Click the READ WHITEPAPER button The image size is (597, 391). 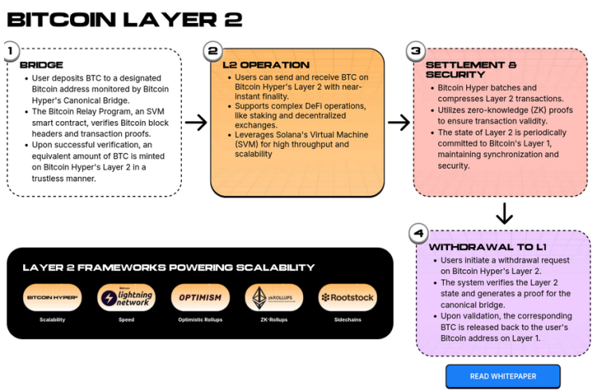[x=502, y=376]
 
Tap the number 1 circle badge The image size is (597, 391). [x=10, y=51]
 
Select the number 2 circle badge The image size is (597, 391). [x=212, y=51]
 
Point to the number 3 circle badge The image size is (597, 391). [x=414, y=52]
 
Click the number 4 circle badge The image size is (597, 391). [x=418, y=233]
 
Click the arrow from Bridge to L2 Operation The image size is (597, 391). [x=196, y=122]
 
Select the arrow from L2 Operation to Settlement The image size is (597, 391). [x=399, y=122]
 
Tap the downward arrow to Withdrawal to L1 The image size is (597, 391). [x=503, y=213]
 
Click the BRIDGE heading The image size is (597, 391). [x=41, y=65]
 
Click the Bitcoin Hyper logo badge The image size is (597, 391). [x=53, y=298]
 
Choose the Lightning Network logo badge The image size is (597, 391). [x=126, y=298]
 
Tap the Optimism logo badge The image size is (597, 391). [x=200, y=298]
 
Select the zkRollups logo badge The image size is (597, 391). [x=273, y=298]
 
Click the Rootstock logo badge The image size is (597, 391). [x=348, y=298]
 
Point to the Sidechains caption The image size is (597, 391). [x=348, y=319]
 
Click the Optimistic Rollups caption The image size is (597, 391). [x=200, y=319]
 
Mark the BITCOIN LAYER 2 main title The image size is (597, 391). [x=124, y=19]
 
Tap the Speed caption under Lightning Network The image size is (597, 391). [x=126, y=319]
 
